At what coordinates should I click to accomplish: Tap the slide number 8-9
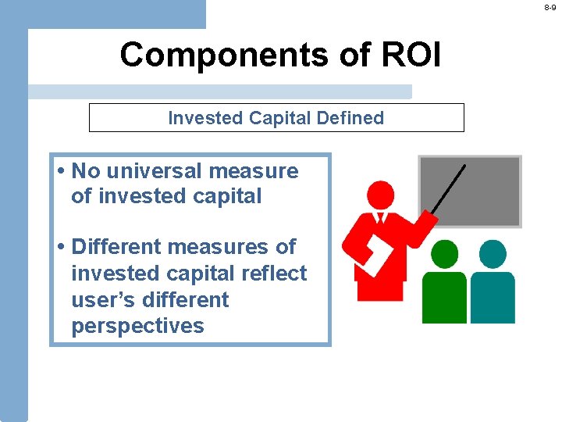point(550,7)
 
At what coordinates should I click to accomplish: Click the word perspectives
point(137,326)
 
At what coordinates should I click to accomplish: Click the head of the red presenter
point(380,195)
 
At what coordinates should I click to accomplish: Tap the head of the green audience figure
point(444,254)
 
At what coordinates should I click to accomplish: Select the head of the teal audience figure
point(493,254)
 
